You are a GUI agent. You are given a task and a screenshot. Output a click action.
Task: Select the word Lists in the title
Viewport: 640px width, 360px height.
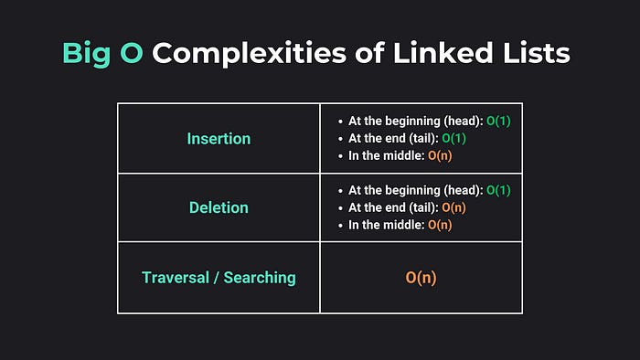tap(537, 53)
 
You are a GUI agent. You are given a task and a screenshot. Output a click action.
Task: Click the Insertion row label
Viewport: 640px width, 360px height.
tap(218, 139)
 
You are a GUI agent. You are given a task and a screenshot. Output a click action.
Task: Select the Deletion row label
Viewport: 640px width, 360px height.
tap(219, 207)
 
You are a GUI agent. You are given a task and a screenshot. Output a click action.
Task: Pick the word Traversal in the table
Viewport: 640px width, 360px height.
tap(177, 277)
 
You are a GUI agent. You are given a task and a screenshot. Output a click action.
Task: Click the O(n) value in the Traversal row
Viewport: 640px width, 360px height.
tap(421, 277)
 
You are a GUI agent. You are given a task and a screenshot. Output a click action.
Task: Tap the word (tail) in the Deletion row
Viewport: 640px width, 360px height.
tap(420, 207)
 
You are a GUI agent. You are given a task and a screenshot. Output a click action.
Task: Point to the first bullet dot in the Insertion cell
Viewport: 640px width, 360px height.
tap(340, 121)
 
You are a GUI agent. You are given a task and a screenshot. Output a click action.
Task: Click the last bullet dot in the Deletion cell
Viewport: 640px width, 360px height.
tap(340, 225)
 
